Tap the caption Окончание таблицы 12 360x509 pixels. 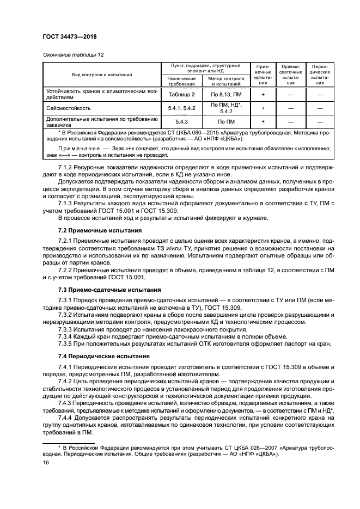74,55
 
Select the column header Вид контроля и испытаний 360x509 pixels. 103,75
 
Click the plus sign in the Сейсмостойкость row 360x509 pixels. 263,108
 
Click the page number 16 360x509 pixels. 46,461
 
